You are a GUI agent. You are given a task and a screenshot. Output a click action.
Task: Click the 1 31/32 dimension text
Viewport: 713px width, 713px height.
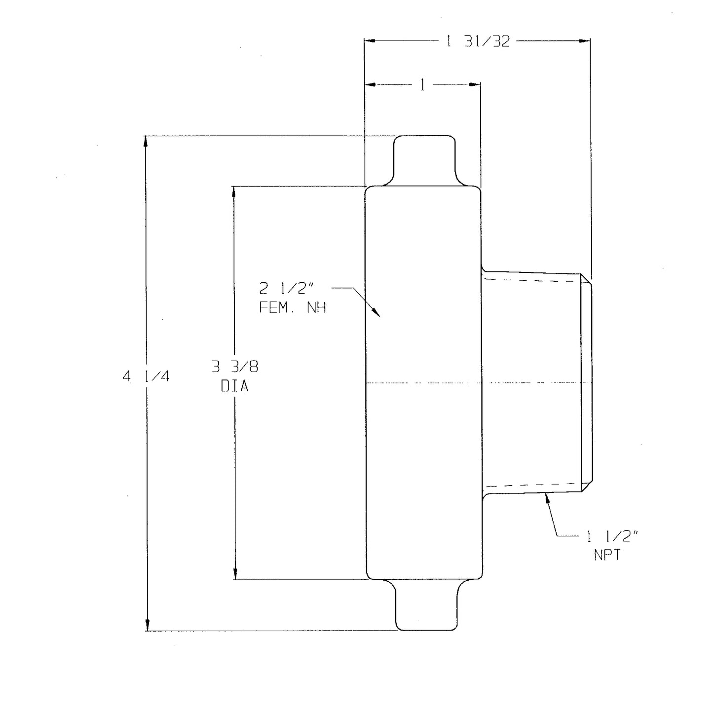(478, 41)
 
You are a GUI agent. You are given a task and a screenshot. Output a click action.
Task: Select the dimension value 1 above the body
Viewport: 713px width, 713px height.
(422, 85)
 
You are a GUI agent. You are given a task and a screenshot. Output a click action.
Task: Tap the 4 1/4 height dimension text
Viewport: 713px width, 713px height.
(146, 376)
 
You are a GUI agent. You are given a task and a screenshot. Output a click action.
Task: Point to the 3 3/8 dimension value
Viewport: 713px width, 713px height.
(235, 367)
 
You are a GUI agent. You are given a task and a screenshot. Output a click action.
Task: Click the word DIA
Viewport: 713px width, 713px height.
(234, 386)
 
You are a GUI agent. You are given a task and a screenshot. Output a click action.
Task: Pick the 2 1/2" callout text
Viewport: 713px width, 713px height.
(286, 288)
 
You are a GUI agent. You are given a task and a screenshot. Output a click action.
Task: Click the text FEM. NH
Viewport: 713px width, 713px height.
(292, 307)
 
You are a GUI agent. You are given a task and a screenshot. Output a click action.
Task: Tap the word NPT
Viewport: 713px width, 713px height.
(607, 555)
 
